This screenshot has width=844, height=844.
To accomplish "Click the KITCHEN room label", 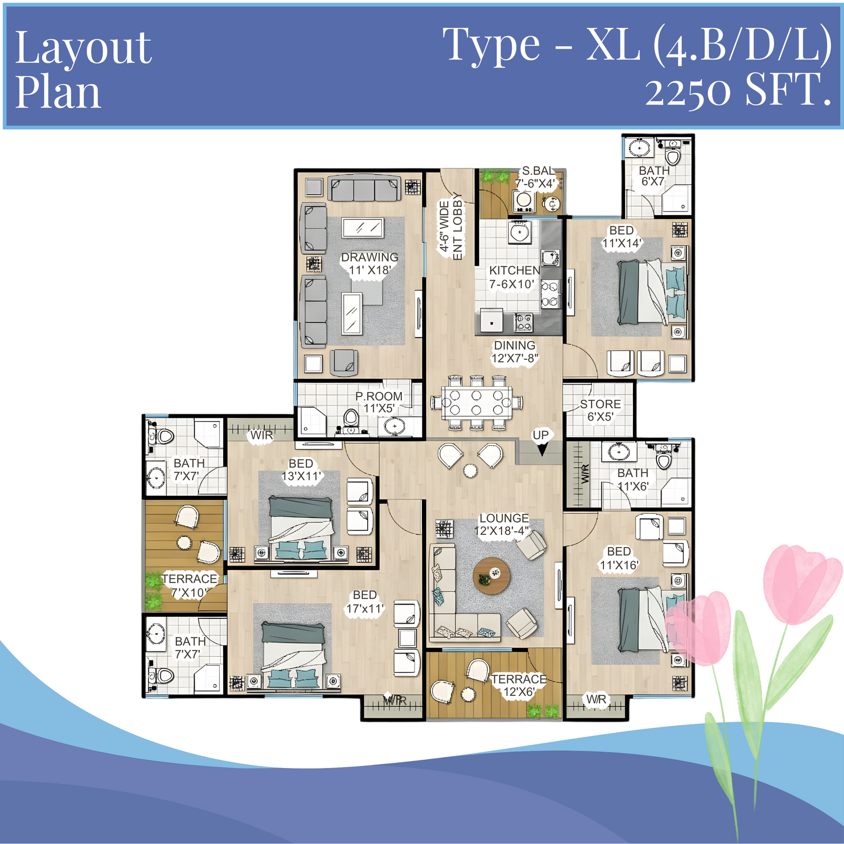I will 514,271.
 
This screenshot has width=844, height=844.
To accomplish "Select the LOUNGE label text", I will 504,519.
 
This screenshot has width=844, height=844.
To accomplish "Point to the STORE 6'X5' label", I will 600,410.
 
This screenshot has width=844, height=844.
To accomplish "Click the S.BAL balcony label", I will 538,171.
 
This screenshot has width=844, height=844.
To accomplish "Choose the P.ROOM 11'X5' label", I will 379,402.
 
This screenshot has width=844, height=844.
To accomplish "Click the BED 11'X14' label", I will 621,237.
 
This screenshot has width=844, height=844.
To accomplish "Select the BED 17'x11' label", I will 365,602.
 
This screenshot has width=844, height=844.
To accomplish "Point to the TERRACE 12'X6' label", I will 519,685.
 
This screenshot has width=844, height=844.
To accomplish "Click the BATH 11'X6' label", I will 632,479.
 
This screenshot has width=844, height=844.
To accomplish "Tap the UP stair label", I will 541,435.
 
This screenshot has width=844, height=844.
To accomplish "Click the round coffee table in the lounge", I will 492,576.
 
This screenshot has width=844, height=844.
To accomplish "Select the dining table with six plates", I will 477,402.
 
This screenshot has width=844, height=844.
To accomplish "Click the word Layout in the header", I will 83,49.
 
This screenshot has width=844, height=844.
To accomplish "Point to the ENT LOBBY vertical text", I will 457,227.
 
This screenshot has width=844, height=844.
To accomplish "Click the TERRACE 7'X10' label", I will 189,586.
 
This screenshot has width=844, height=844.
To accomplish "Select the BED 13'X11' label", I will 301,470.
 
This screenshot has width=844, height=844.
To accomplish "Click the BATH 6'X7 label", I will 654,176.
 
